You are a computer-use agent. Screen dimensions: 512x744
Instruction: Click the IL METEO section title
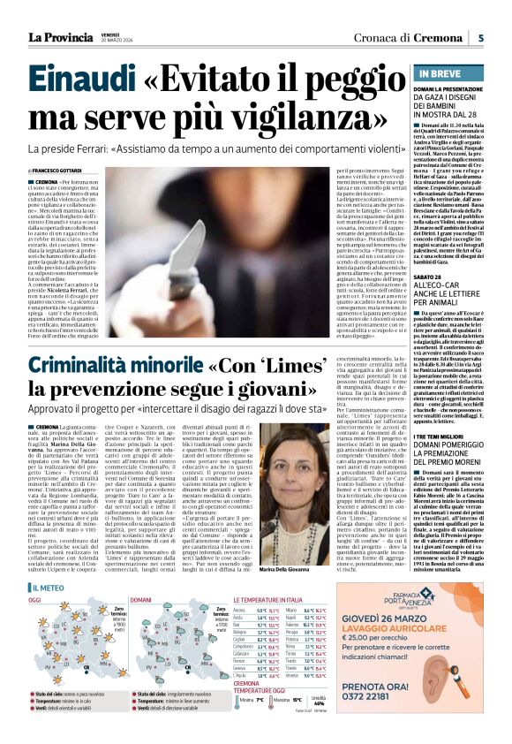point(48,563)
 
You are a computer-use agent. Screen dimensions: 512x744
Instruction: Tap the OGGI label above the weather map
point(34,575)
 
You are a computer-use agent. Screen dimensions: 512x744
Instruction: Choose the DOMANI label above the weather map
point(140,575)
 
